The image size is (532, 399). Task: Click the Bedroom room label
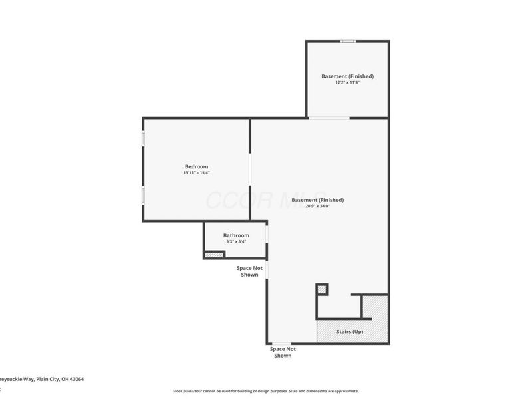tap(196, 166)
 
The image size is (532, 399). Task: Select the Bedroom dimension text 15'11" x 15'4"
tap(196, 173)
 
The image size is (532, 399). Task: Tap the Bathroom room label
tap(236, 235)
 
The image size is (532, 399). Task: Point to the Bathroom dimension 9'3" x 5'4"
tap(236, 242)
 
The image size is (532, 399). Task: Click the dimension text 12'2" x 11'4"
tap(347, 82)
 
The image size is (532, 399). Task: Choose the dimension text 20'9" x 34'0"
tap(317, 206)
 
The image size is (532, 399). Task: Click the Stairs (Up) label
tap(349, 331)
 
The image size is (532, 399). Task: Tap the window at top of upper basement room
tap(347, 41)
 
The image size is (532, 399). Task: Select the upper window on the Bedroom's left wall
tap(143, 139)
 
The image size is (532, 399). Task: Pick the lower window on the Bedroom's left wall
tap(143, 194)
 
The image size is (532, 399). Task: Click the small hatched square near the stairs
tap(322, 289)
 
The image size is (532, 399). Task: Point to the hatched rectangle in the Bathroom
tap(214, 255)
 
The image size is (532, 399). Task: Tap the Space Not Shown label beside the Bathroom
tap(249, 271)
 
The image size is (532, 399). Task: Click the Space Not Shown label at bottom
tap(283, 352)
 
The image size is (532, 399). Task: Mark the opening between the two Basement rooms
tap(329, 118)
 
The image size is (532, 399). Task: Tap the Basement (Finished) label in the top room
tap(347, 76)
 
